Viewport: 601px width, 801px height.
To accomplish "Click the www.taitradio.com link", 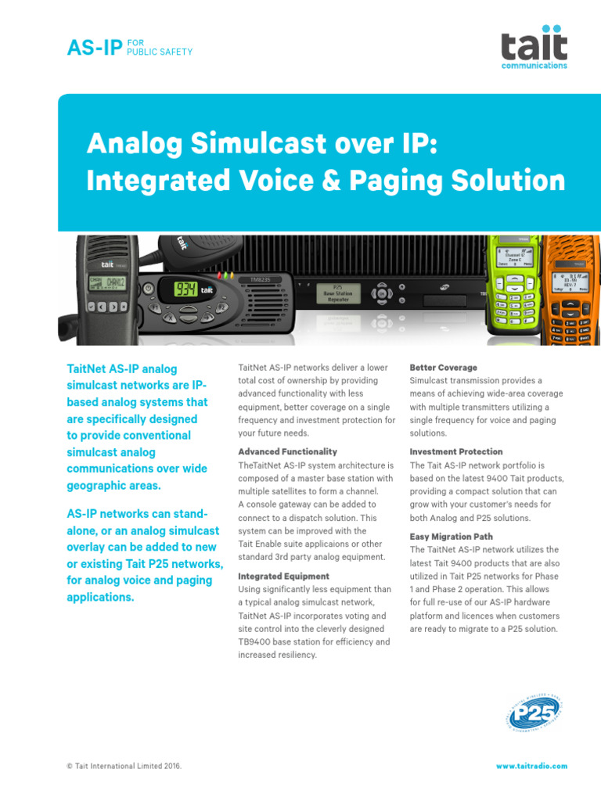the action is [531, 767].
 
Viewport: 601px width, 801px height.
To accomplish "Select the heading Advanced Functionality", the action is [287, 451].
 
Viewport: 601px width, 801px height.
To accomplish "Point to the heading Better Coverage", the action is [444, 367].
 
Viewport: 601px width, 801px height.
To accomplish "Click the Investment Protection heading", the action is [456, 451].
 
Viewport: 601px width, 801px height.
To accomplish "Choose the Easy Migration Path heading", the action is [452, 537].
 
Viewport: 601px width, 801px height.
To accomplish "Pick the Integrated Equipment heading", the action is [283, 577].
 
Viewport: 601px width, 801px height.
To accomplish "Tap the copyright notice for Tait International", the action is [124, 767].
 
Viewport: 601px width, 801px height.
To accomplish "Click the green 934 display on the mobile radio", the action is [185, 289].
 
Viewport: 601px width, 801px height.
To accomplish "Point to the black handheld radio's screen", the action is [107, 281].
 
